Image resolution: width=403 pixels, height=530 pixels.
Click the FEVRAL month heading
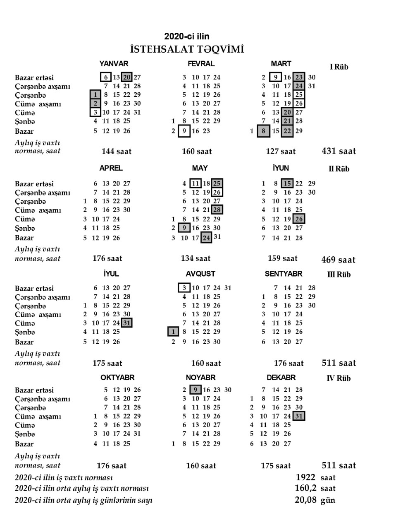click(201, 64)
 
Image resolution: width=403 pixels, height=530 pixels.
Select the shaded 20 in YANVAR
click(127, 77)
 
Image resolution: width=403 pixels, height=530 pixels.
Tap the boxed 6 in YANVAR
click(106, 77)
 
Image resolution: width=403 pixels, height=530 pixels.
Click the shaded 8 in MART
click(263, 131)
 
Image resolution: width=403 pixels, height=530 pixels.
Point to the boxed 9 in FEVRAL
click(184, 131)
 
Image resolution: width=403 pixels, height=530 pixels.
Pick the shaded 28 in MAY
click(217, 210)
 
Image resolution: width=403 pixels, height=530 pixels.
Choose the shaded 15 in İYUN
click(287, 183)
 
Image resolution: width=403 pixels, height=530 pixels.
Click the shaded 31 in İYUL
click(126, 323)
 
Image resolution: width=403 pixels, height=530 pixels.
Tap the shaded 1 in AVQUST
click(173, 332)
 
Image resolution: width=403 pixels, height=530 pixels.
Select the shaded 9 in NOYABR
click(195, 390)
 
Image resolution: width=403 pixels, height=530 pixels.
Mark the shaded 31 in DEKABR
click(299, 416)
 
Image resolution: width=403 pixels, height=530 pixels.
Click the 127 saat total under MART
click(281, 152)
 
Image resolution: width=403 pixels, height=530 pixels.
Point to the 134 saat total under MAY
click(196, 258)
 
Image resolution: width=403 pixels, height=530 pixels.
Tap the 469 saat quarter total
click(338, 260)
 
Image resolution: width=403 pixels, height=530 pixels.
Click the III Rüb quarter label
click(339, 275)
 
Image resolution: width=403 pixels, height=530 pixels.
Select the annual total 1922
click(305, 477)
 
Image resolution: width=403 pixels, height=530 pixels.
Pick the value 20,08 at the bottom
click(305, 500)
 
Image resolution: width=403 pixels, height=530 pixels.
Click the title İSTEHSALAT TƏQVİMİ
click(187, 50)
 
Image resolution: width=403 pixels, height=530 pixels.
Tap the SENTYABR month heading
click(284, 274)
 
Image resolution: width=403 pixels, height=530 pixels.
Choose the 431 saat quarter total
click(339, 151)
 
